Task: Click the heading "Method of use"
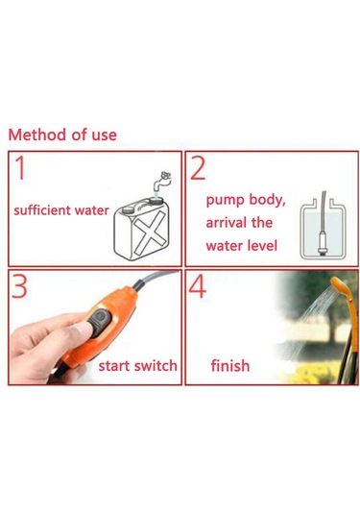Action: tap(62, 135)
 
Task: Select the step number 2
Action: tap(198, 171)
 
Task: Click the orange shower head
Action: tap(336, 293)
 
